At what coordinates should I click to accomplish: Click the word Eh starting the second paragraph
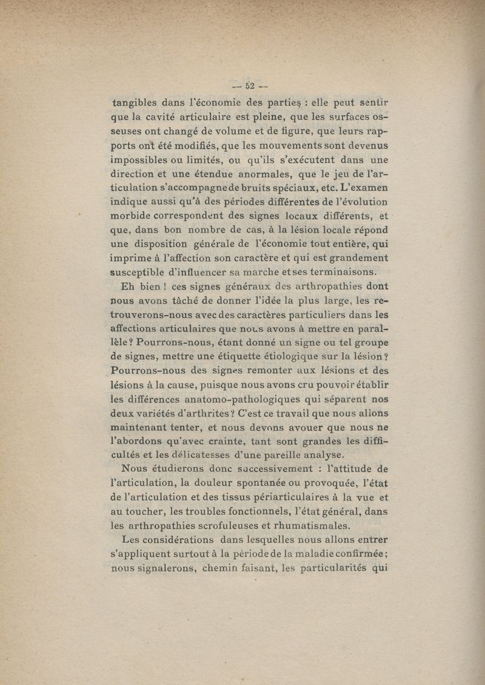tap(129, 286)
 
